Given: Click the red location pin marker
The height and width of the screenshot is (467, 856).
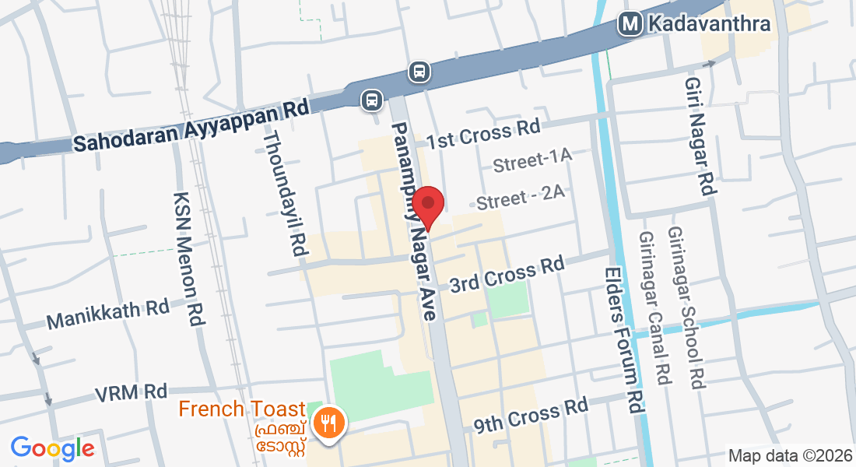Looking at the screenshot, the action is coord(427,205).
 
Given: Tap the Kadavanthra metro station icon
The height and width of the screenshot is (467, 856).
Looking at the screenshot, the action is coord(630,24).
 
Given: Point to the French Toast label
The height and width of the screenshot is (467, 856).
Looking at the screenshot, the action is coord(242,409).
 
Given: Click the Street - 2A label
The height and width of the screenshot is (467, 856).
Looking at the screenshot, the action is coord(520,199).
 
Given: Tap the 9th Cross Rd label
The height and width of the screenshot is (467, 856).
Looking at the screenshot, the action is coord(531,416).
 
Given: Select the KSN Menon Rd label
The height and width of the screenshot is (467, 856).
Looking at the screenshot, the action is coord(187,258).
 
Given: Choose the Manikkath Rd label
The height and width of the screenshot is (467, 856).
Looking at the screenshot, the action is coord(108,314).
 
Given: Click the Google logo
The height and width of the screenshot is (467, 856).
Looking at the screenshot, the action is coord(53,448).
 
